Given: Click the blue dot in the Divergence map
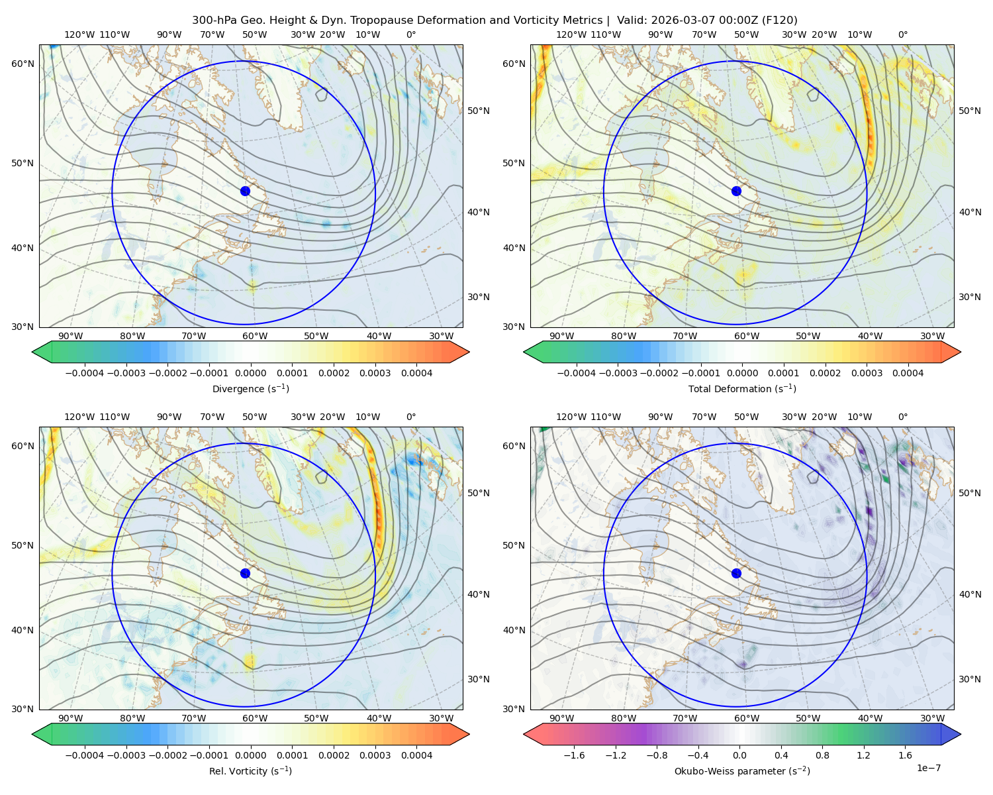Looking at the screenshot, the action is coord(245,191).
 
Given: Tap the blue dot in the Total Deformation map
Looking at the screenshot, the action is coord(736,191).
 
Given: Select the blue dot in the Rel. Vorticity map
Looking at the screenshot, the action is coord(245,573).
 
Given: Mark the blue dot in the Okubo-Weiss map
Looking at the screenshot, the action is coord(736,573).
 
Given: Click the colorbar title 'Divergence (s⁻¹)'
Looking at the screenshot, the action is coord(250,388).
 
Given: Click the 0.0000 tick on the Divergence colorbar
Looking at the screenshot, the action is coord(250,373).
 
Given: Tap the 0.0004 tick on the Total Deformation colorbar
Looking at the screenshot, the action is coord(908,373).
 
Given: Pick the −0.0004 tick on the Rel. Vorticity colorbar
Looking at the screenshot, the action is coord(85,755).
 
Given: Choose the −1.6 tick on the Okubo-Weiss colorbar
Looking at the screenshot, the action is coord(574,755).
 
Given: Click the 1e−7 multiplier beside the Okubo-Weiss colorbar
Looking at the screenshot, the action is coord(928,768).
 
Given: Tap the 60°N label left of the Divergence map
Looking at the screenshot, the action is coord(23,64).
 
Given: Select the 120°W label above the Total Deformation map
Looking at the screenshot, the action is coord(571,34).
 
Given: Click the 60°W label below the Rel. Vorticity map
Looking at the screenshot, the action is coord(255,718).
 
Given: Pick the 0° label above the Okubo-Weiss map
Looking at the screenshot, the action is coord(903,417).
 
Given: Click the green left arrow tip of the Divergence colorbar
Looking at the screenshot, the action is coord(33,352).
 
